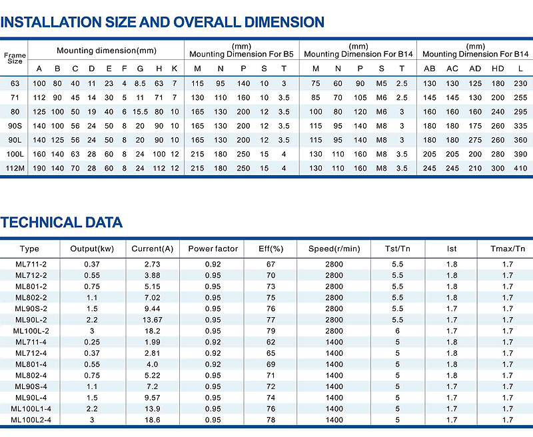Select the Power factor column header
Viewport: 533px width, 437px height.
[213, 249]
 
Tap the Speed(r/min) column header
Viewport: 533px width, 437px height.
[334, 249]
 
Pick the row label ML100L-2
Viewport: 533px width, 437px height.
[31, 330]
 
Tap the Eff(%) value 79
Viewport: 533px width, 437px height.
[270, 330]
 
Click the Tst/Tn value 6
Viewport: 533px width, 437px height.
[398, 330]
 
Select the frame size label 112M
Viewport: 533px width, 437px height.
[15, 169]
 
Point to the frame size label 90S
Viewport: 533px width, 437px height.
[15, 126]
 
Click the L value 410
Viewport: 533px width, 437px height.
[519, 169]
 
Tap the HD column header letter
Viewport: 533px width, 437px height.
[497, 69]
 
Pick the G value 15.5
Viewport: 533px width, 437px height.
[140, 111]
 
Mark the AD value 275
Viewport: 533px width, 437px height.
[475, 140]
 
